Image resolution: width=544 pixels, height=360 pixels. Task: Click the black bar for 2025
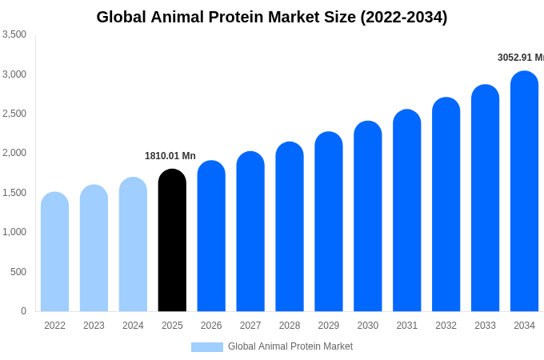tap(172, 240)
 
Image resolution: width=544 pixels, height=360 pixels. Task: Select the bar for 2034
tap(524, 192)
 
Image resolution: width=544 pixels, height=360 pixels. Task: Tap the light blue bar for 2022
tap(54, 252)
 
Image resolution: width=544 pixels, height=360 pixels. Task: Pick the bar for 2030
tap(368, 216)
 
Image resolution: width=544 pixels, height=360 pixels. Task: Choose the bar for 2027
tap(250, 232)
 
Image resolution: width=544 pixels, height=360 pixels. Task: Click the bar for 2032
tap(446, 204)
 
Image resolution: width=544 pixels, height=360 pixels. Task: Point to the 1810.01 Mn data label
tap(170, 156)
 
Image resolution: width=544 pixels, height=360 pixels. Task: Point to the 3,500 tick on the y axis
tap(14, 34)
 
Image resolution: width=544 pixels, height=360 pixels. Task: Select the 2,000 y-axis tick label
tap(14, 153)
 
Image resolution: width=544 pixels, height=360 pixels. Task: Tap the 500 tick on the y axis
tap(18, 272)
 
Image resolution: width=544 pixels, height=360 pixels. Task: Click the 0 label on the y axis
tap(23, 311)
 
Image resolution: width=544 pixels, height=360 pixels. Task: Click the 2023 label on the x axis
tap(94, 326)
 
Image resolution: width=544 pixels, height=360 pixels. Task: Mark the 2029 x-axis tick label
tap(329, 326)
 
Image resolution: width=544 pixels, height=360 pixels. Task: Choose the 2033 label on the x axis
tap(485, 326)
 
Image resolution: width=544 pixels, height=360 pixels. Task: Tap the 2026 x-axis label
tap(211, 326)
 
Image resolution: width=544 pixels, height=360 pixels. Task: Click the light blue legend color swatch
tap(206, 346)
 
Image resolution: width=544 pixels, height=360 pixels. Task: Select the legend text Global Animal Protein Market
tap(290, 346)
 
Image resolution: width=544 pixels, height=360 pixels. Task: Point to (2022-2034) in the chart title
tap(403, 17)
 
